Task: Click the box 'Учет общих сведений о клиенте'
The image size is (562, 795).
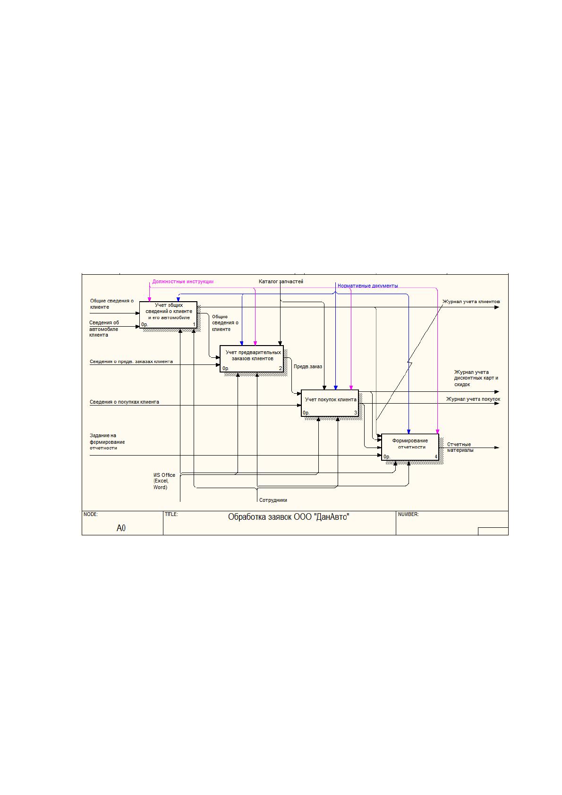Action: [x=168, y=315]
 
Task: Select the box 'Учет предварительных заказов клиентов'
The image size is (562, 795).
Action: [x=251, y=358]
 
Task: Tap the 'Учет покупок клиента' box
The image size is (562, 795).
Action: [x=330, y=403]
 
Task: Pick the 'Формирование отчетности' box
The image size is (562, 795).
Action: [x=410, y=447]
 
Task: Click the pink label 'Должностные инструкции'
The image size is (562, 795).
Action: [x=183, y=281]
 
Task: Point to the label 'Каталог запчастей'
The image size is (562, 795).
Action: [x=281, y=281]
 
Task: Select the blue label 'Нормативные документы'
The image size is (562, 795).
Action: [x=367, y=286]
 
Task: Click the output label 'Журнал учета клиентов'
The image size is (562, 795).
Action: [x=471, y=302]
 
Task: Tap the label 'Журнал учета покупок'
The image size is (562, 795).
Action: [x=473, y=399]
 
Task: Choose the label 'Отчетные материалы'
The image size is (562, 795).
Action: [x=460, y=447]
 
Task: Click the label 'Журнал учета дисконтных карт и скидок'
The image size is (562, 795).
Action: [x=476, y=378]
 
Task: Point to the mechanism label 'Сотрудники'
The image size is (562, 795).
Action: [x=273, y=500]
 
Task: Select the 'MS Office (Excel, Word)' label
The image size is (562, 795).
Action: [x=164, y=481]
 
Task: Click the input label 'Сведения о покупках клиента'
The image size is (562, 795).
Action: [x=124, y=402]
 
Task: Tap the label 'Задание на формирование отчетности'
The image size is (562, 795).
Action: [x=107, y=442]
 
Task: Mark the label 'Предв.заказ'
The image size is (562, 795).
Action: [x=308, y=367]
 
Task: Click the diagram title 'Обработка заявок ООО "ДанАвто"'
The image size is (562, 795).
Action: [x=289, y=517]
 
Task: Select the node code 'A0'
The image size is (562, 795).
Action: [x=121, y=528]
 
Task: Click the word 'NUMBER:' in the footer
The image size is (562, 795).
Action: [x=408, y=514]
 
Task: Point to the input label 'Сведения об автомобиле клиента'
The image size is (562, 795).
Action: [x=104, y=329]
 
